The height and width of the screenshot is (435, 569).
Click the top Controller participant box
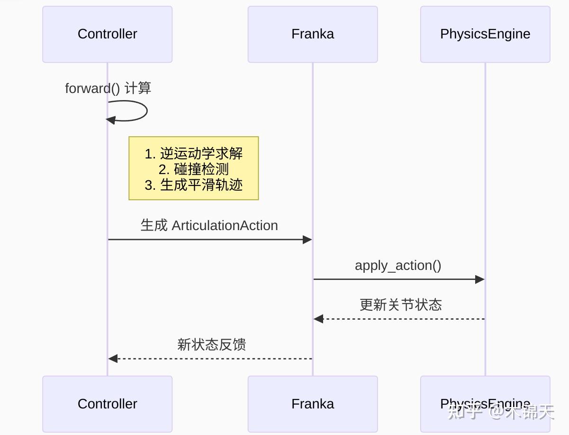click(x=107, y=34)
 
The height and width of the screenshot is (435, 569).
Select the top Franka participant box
click(x=312, y=34)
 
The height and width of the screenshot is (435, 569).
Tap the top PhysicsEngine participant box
click(x=485, y=34)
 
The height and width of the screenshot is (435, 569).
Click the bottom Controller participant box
click(x=107, y=404)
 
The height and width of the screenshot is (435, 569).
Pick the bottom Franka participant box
click(x=312, y=404)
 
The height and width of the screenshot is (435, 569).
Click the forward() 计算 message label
click(x=108, y=88)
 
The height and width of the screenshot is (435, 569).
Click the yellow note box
click(x=193, y=168)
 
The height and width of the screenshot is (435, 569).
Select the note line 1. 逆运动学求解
click(x=193, y=154)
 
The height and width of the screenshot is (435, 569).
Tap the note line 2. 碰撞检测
click(x=193, y=169)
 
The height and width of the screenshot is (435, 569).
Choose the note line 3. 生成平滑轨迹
click(x=193, y=185)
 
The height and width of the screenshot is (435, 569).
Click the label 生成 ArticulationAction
click(x=209, y=225)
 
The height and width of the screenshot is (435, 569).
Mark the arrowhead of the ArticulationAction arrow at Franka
click(x=307, y=240)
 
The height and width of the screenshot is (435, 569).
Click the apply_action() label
click(x=398, y=265)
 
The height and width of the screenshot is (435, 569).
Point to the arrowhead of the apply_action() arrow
click(x=479, y=279)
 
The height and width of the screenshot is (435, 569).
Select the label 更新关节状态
click(x=400, y=305)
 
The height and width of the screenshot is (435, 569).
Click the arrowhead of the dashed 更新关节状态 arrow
click(x=318, y=319)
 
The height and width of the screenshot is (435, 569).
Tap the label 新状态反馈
click(x=211, y=344)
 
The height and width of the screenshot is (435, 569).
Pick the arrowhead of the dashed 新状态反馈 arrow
click(x=113, y=359)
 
